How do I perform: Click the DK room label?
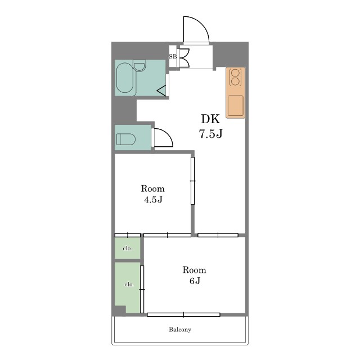click(210, 119)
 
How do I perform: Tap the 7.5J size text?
click(210, 134)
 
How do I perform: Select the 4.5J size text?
click(153, 200)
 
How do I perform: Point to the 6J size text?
click(195, 281)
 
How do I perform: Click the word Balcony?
click(180, 330)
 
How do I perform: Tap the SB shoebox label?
click(173, 56)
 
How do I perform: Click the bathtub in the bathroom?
click(125, 78)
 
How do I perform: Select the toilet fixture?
click(126, 139)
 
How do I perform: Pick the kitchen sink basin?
click(236, 106)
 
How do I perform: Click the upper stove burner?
click(235, 73)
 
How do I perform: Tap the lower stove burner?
click(235, 81)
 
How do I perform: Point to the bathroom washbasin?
click(139, 66)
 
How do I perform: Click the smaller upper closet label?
click(128, 249)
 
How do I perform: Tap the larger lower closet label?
click(129, 285)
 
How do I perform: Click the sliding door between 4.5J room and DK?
click(192, 181)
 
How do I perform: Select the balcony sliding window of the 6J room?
click(183, 314)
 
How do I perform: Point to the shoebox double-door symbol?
click(185, 58)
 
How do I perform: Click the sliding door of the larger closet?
click(142, 289)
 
